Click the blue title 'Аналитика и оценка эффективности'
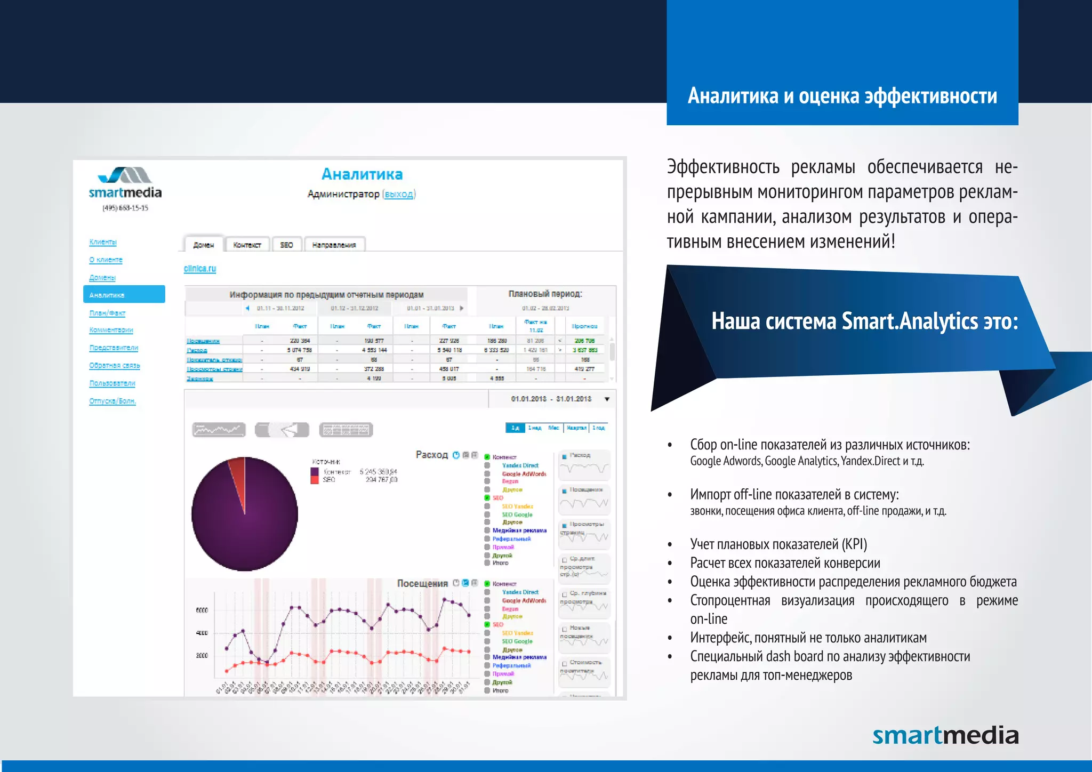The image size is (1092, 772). point(842,96)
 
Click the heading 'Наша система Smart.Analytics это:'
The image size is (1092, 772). point(864,321)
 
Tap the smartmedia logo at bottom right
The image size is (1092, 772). point(945,736)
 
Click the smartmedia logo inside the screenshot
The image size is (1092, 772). point(125,184)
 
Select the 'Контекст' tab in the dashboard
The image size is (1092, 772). point(247,245)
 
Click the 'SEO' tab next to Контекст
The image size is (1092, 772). point(286,245)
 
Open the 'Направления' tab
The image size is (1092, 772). point(334,245)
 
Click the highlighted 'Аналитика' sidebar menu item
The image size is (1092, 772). point(124,295)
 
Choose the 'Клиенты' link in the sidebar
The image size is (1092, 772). point(103,242)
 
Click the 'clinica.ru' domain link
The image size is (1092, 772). point(200,268)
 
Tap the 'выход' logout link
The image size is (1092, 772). point(399,194)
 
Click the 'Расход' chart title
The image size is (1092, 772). point(431,455)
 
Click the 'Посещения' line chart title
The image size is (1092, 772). point(422,583)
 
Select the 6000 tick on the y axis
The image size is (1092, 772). point(202,610)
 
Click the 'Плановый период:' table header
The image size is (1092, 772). point(545,294)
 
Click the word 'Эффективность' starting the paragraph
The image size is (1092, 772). point(723,167)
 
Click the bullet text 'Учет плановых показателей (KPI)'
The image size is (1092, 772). point(778,544)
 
